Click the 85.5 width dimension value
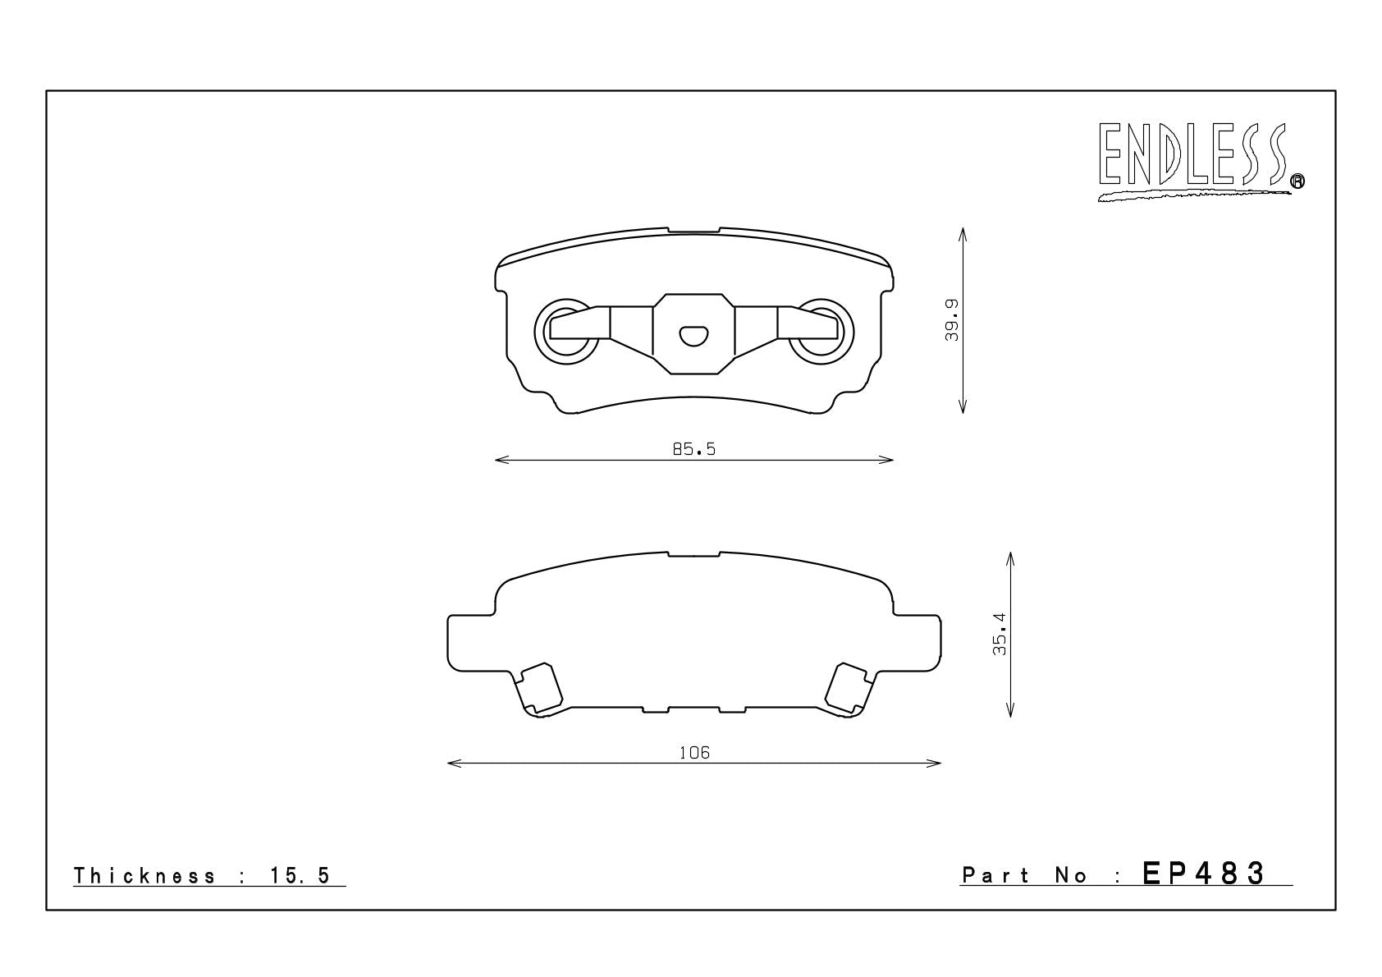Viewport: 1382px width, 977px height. point(694,449)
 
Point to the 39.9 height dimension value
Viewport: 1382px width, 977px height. point(952,319)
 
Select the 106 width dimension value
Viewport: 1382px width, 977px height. point(695,753)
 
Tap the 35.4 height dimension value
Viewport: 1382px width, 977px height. point(999,634)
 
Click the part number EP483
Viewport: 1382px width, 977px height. point(1204,874)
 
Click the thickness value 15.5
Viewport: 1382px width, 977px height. point(300,876)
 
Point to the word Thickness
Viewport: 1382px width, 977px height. point(144,876)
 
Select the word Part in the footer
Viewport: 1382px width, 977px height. point(995,875)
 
